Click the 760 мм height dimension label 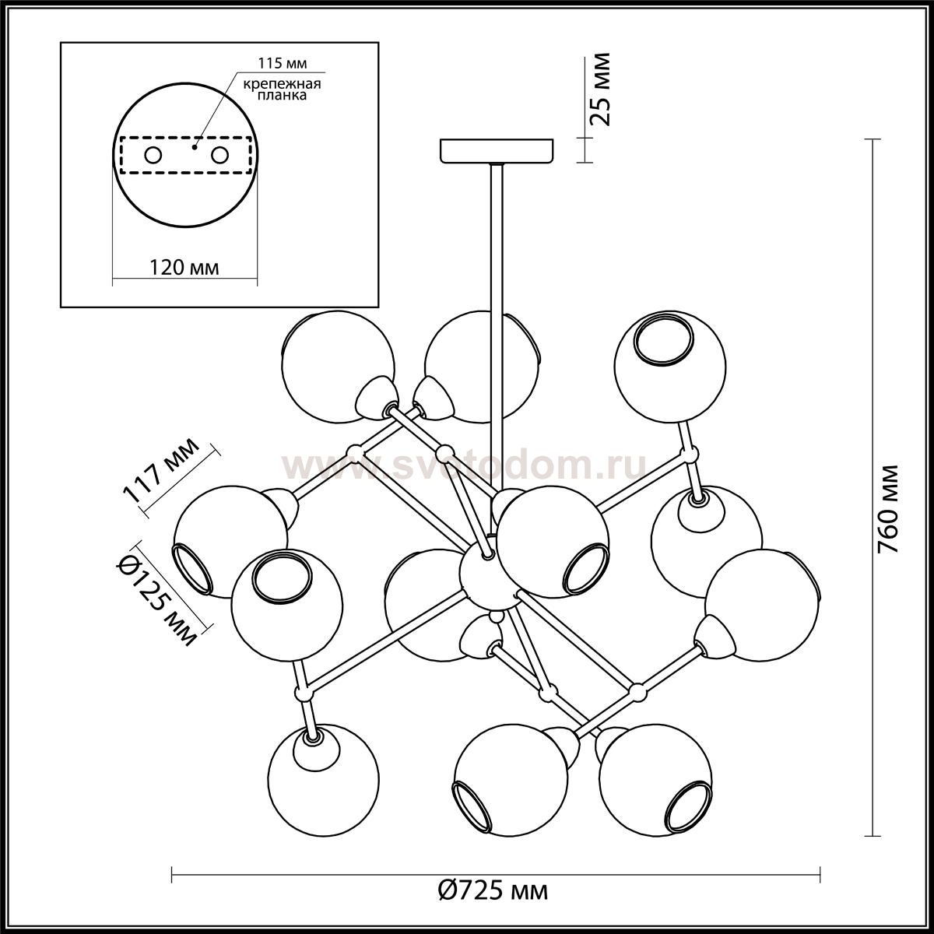click(x=888, y=509)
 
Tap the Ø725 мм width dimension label click(x=493, y=890)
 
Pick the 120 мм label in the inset click(x=184, y=268)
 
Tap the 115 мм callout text click(x=282, y=64)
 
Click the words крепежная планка click(x=282, y=90)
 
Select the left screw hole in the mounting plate click(x=153, y=156)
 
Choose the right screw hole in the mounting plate click(x=219, y=156)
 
